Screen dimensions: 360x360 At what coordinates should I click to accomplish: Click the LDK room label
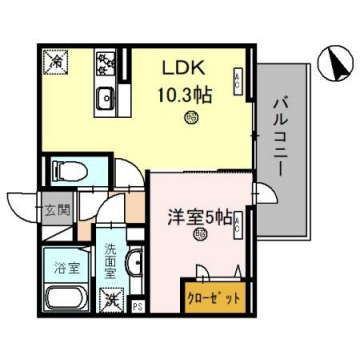click(x=186, y=67)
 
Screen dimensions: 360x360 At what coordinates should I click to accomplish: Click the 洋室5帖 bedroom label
click(x=199, y=216)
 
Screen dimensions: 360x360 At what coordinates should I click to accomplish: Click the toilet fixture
click(x=68, y=171)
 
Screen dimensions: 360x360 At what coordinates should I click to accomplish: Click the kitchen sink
click(x=105, y=98)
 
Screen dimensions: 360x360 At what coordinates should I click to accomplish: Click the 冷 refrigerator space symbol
click(x=54, y=62)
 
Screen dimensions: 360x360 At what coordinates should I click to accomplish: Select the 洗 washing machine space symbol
click(x=113, y=297)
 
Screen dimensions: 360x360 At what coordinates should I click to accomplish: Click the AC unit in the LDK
click(x=235, y=82)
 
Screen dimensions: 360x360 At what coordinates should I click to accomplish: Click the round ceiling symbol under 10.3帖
click(x=189, y=118)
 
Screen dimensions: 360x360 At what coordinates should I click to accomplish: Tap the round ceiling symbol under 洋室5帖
click(x=199, y=236)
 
